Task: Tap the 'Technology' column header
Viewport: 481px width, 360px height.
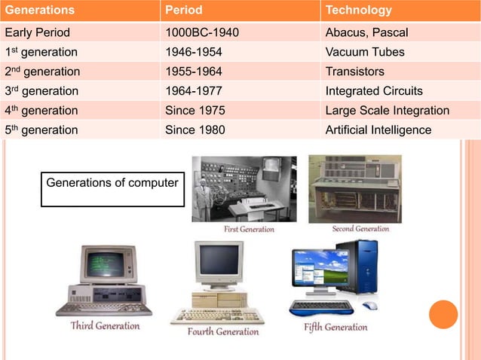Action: coord(358,11)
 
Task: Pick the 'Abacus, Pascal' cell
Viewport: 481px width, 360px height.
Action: coord(366,32)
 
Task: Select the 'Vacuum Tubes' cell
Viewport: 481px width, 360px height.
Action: coord(364,52)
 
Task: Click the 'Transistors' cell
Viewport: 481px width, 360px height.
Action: coord(354,72)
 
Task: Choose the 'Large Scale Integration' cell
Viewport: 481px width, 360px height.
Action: coord(387,111)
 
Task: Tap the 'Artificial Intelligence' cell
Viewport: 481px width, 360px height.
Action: coord(378,130)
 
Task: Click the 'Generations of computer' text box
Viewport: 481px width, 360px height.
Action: coord(112,188)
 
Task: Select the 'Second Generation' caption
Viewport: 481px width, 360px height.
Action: coord(360,229)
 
